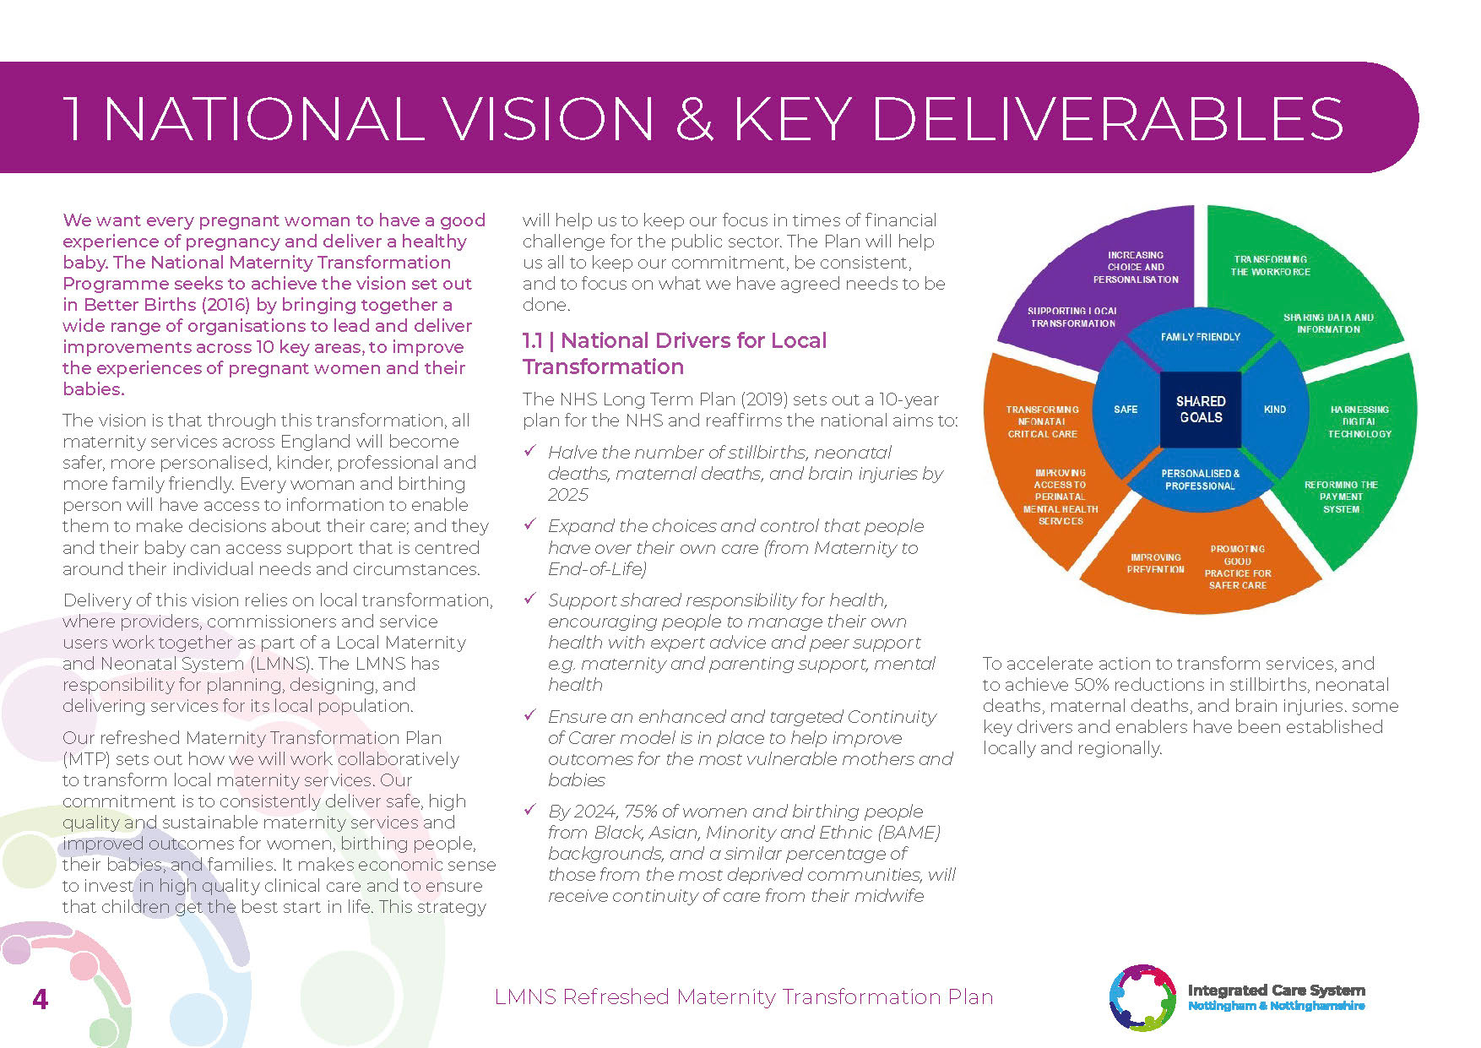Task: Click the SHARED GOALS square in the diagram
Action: pos(1201,410)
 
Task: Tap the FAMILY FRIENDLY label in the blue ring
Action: pos(1200,337)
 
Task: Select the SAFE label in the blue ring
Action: pos(1126,410)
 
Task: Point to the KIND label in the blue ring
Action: pos(1274,410)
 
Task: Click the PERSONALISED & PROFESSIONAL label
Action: pos(1200,480)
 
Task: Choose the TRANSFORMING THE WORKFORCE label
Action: pos(1270,266)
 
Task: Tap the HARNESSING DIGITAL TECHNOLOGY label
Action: pos(1359,421)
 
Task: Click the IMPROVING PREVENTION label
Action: pos(1155,563)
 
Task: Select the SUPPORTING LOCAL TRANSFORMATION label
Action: pos(1072,318)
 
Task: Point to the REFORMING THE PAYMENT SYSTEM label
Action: pos(1341,497)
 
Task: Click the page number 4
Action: pos(40,1000)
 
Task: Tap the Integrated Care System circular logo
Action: pos(1142,997)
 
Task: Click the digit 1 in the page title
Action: pos(73,119)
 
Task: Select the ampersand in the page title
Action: pos(694,119)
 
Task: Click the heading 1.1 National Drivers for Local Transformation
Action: pos(674,353)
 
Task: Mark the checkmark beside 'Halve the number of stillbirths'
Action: pos(530,451)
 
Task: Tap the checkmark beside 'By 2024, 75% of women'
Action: pos(530,810)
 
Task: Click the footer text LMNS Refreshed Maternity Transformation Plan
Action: pos(743,997)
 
